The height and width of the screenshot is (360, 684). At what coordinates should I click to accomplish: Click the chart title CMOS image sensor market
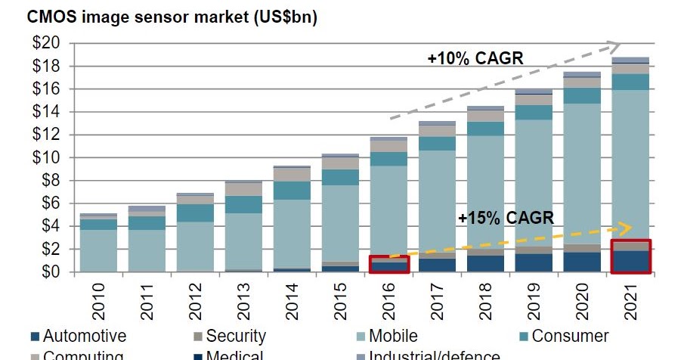[x=162, y=17]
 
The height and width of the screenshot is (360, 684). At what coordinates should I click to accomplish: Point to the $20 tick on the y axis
[x=46, y=44]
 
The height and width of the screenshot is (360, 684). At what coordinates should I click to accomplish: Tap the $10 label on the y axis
[x=46, y=158]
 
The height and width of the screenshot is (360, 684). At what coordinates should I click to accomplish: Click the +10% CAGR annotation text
[x=475, y=58]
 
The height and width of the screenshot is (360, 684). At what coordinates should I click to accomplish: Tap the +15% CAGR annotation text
[x=506, y=218]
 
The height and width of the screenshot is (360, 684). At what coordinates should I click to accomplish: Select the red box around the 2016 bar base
[x=389, y=264]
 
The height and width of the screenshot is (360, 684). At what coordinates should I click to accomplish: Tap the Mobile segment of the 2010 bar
[x=98, y=250]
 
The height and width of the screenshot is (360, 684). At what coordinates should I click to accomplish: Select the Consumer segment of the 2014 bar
[x=292, y=191]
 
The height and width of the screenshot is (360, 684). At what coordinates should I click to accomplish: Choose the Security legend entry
[x=227, y=335]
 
